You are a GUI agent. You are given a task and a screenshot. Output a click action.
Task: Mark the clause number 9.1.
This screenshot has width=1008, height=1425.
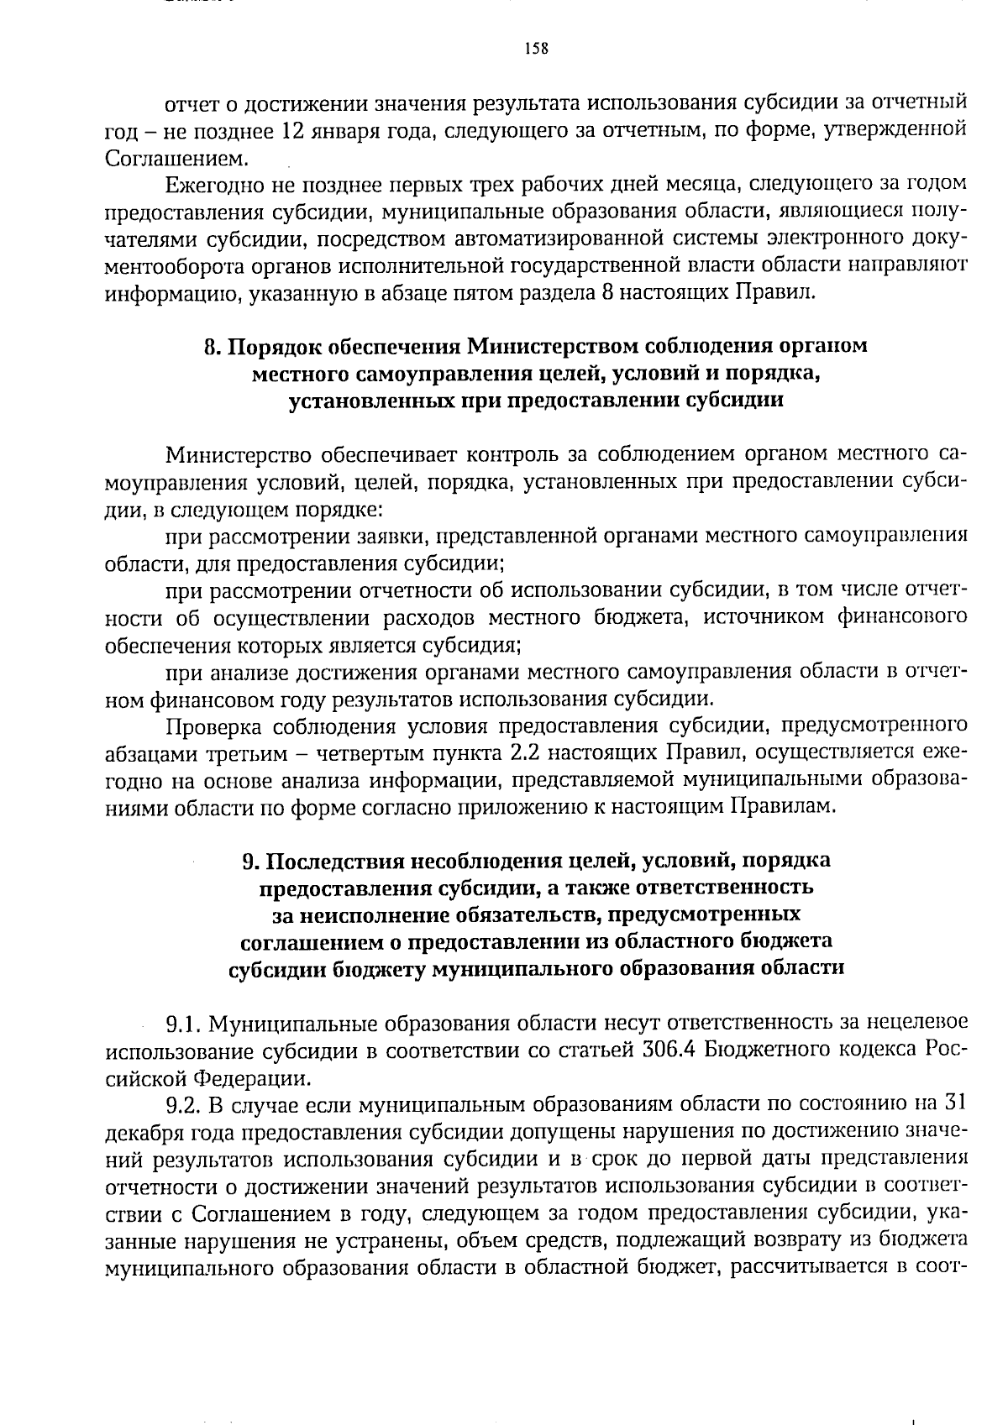(182, 1024)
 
